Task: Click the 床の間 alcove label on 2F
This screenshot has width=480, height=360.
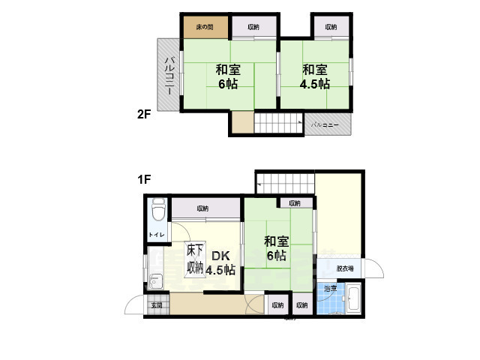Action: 205,27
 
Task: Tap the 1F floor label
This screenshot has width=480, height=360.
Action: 144,180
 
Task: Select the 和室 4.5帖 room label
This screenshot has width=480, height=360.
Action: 315,76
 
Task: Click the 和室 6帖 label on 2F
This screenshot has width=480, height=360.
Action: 227,76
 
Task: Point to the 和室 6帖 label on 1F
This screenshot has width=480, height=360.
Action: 275,248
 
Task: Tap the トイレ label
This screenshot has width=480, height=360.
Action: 156,235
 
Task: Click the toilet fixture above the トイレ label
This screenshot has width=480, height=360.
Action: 157,211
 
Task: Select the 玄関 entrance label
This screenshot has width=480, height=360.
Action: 156,304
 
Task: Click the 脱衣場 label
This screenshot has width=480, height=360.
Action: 345,268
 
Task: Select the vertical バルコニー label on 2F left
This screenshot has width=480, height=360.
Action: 170,74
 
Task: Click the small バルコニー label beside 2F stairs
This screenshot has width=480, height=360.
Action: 325,124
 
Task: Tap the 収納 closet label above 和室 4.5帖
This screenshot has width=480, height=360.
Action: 331,27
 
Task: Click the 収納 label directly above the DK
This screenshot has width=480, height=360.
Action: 203,208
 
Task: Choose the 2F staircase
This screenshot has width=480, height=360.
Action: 277,122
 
